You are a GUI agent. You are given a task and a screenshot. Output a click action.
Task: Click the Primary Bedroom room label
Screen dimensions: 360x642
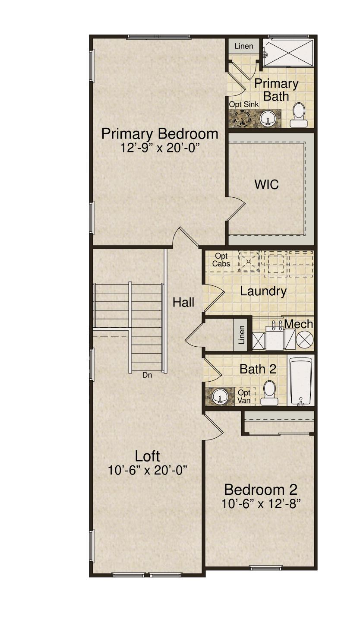(160, 134)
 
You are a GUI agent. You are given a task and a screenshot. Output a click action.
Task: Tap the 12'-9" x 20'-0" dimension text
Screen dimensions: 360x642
(160, 148)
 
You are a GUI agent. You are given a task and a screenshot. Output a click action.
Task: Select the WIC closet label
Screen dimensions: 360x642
(267, 184)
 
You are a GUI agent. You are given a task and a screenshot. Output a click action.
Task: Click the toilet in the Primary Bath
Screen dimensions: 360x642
(299, 115)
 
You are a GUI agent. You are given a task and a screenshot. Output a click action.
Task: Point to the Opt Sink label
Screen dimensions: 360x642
(244, 104)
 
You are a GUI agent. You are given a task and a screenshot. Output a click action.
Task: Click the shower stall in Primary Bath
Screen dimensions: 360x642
(288, 52)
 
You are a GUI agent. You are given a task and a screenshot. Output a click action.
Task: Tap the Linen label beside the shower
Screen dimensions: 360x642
(244, 46)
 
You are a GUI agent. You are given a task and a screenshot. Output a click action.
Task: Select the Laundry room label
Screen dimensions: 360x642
(263, 291)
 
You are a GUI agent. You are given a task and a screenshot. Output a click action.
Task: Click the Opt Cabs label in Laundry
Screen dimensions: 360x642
(221, 260)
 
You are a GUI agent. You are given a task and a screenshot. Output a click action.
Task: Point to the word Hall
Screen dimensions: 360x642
(183, 302)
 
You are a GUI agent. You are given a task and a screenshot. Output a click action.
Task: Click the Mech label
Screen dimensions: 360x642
(299, 324)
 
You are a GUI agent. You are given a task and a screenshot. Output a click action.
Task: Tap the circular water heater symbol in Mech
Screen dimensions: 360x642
(305, 340)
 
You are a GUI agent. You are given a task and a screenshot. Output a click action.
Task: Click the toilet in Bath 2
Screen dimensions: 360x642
(269, 392)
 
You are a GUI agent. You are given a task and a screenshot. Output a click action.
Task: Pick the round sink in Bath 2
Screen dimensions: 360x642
(220, 397)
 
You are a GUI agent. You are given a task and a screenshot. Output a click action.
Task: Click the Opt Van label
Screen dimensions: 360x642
(244, 397)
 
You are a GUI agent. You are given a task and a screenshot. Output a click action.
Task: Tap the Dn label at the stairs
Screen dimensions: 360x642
(147, 375)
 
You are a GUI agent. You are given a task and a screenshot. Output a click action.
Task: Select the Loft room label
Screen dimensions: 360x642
(147, 456)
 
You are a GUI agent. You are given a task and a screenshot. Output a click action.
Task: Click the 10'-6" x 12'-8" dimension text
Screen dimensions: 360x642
(261, 503)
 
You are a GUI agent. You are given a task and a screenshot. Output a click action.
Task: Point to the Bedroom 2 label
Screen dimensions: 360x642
(261, 490)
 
